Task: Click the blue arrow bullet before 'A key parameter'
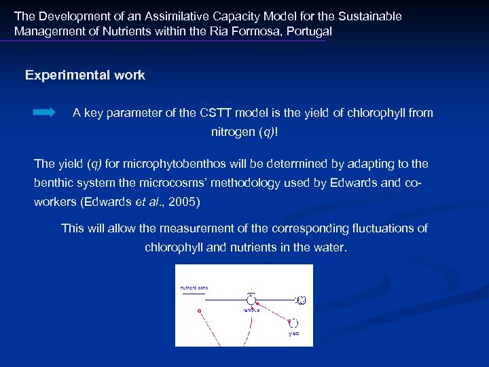tap(44, 113)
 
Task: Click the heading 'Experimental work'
tap(85, 75)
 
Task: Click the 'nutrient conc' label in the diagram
tap(194, 288)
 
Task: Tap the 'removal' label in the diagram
tap(251, 310)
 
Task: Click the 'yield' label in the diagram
tap(293, 334)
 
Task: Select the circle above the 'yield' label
tap(294, 322)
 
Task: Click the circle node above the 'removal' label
tap(251, 299)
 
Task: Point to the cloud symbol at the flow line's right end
tap(302, 300)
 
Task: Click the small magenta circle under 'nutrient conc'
tap(199, 311)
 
